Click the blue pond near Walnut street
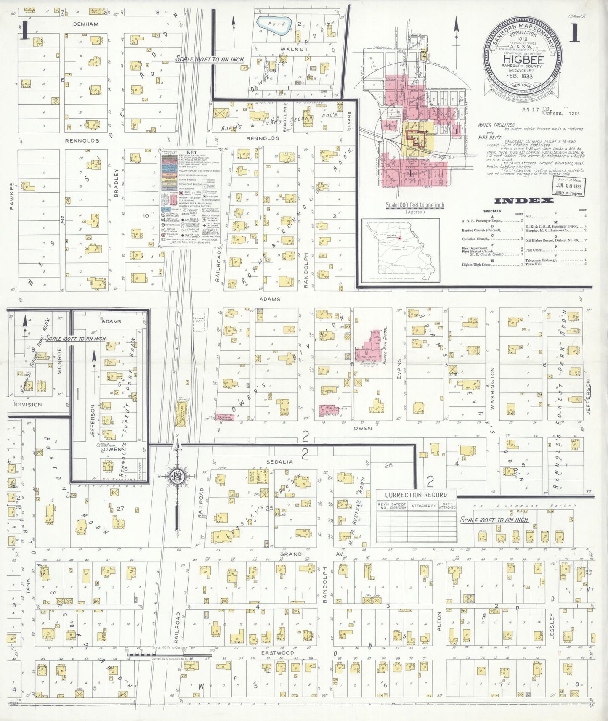[274, 26]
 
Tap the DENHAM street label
[85, 24]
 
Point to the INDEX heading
[524, 201]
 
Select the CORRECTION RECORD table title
[416, 495]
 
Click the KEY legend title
[191, 152]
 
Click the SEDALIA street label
[279, 461]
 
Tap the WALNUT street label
[294, 49]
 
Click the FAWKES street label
[12, 196]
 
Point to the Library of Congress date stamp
[568, 186]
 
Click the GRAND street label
[291, 554]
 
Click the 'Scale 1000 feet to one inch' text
[415, 205]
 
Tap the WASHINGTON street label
[492, 388]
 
